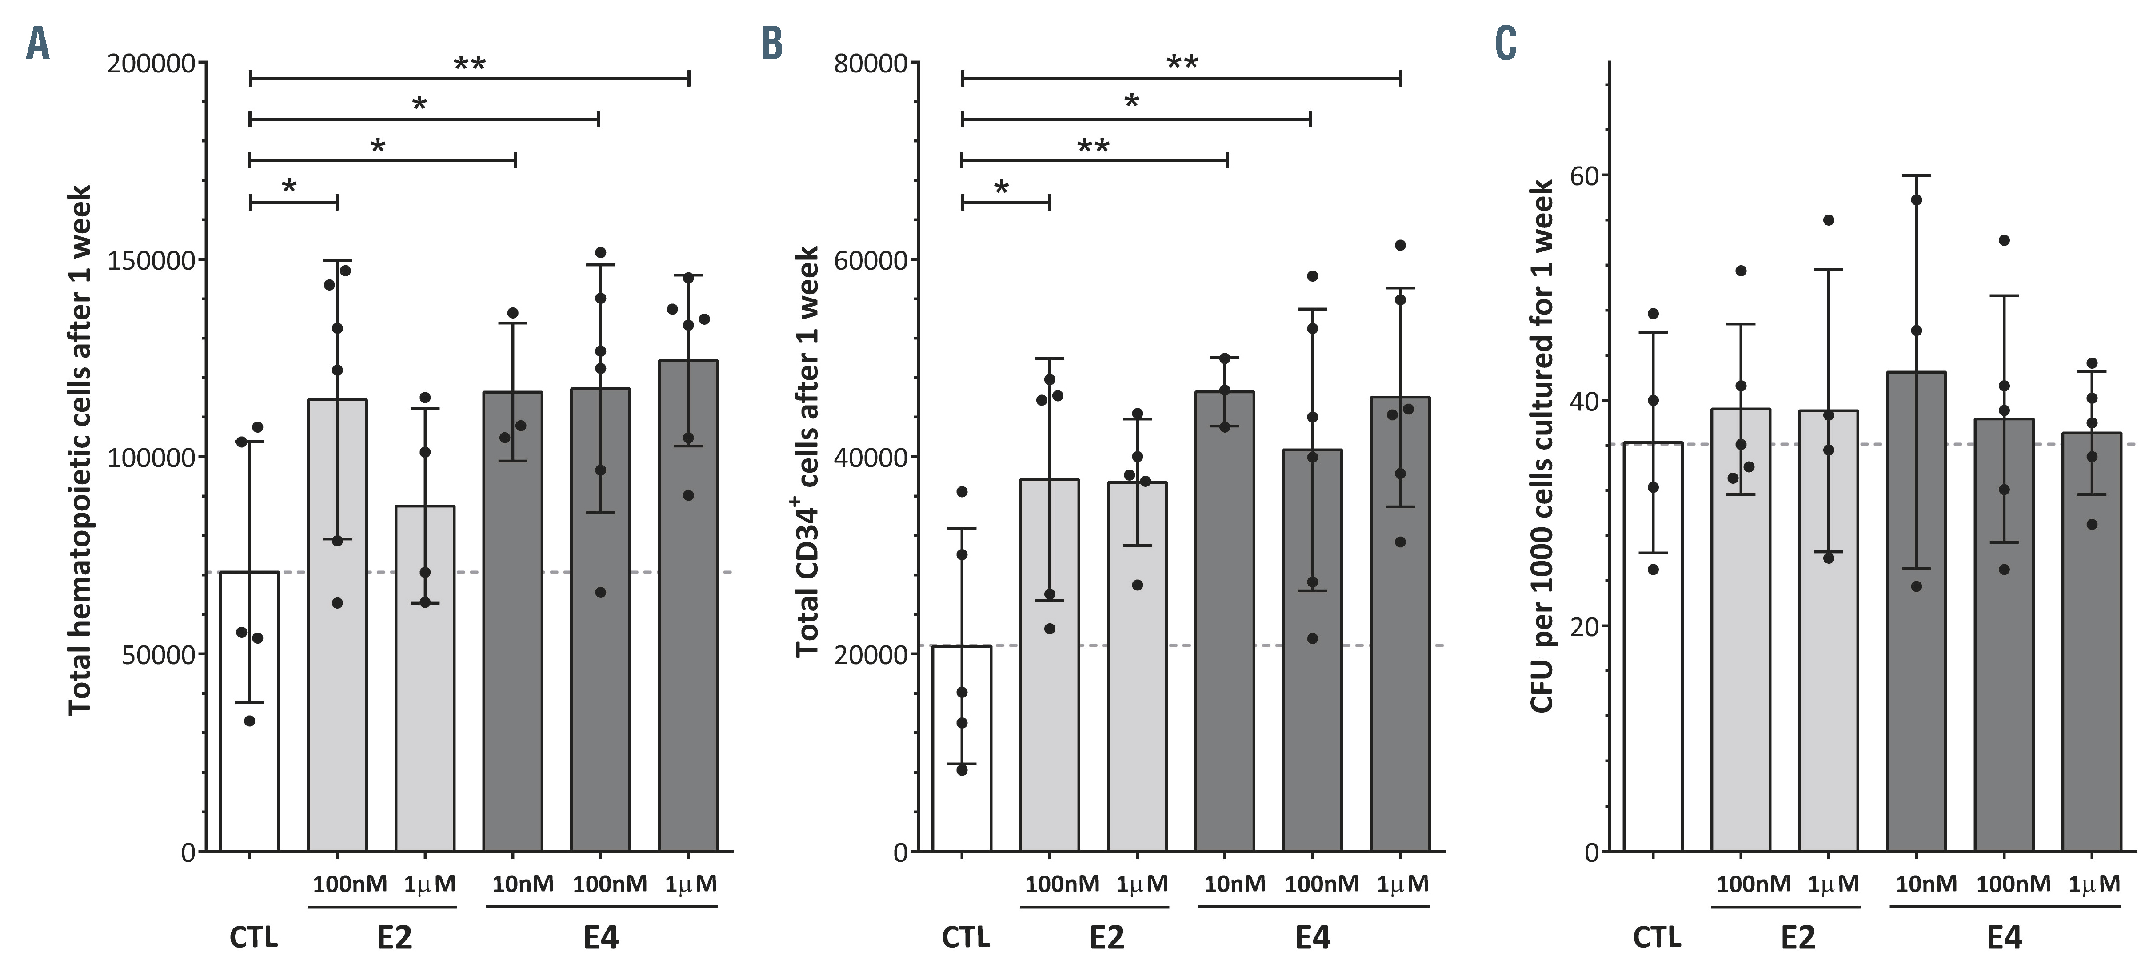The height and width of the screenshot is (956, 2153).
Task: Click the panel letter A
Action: click(x=38, y=44)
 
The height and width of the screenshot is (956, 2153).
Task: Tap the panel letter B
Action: click(x=771, y=44)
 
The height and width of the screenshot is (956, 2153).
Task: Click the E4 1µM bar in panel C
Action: click(x=2091, y=652)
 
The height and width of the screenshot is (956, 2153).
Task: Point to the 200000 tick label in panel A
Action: click(x=151, y=64)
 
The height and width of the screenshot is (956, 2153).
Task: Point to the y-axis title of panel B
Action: click(x=807, y=451)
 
